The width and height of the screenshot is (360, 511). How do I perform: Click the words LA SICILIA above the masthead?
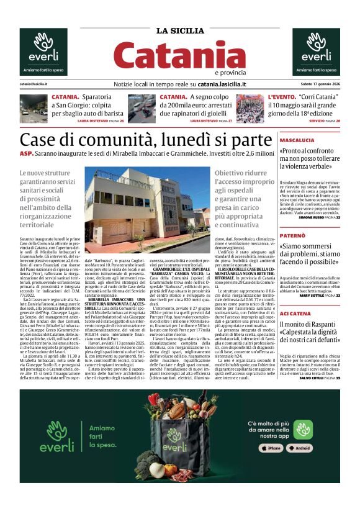coord(179,31)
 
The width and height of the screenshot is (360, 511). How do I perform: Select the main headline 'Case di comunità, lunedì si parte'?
coord(145,140)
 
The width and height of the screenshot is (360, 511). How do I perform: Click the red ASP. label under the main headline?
coord(26,153)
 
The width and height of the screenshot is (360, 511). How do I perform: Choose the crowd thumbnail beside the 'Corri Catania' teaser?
coord(250,108)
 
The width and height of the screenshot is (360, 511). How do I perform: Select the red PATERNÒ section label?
coord(292,236)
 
